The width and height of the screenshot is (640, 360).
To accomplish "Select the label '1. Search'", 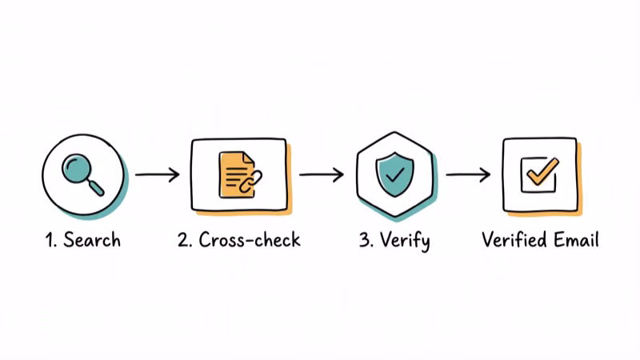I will click(82, 239).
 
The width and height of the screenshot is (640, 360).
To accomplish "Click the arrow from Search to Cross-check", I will click(158, 175).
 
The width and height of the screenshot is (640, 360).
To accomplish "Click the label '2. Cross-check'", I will click(238, 239).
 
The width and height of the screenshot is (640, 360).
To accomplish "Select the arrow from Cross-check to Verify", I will click(321, 175).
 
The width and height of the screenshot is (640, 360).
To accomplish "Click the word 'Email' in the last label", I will click(575, 239).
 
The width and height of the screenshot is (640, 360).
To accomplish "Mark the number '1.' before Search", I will click(50, 239).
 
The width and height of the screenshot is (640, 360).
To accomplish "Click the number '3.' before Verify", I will click(366, 239).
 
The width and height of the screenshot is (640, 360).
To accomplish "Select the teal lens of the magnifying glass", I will click(78, 168).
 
